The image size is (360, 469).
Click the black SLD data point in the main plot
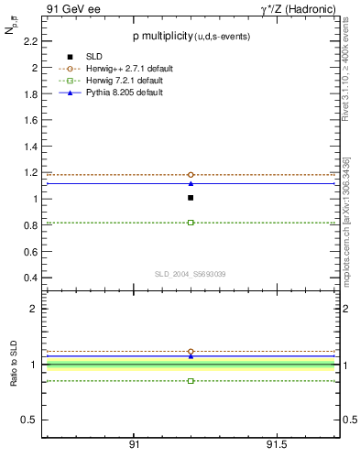coord(191,197)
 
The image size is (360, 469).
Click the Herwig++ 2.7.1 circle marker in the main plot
coord(191,174)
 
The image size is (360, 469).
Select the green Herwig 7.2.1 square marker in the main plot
coord(191,223)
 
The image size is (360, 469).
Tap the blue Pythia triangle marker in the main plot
coord(191,183)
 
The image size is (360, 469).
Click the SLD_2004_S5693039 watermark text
coord(191,274)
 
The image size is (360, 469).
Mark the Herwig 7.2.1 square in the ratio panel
coord(191,380)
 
